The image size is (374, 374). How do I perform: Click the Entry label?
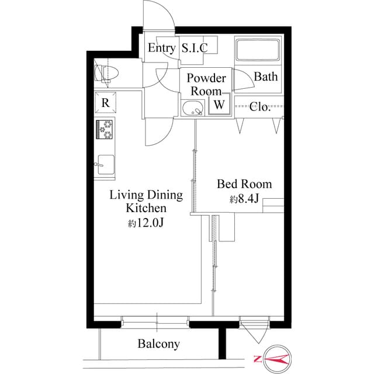(161, 48)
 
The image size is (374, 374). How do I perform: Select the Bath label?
(266, 77)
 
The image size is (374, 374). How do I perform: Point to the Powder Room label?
(206, 85)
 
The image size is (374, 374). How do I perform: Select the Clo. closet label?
(259, 106)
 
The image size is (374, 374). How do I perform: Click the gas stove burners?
(105, 129)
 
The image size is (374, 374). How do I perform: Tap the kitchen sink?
(106, 165)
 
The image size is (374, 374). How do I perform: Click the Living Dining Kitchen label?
(146, 202)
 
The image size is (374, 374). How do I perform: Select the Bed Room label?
(244, 185)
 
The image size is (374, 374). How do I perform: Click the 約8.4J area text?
(245, 199)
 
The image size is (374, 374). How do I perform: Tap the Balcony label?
(158, 344)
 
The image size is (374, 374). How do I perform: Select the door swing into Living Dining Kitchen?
(159, 131)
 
